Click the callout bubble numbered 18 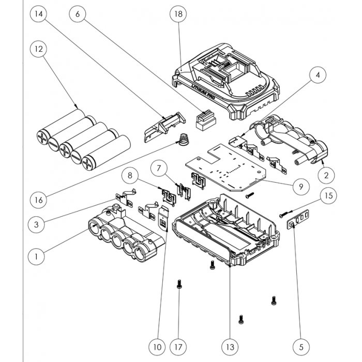(x=178, y=15)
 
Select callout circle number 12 (x=39, y=49)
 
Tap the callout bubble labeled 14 (x=38, y=14)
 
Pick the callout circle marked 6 (x=78, y=14)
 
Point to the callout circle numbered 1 (x=36, y=255)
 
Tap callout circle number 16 (x=39, y=199)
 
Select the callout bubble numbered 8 (x=130, y=176)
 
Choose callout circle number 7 (x=159, y=168)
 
